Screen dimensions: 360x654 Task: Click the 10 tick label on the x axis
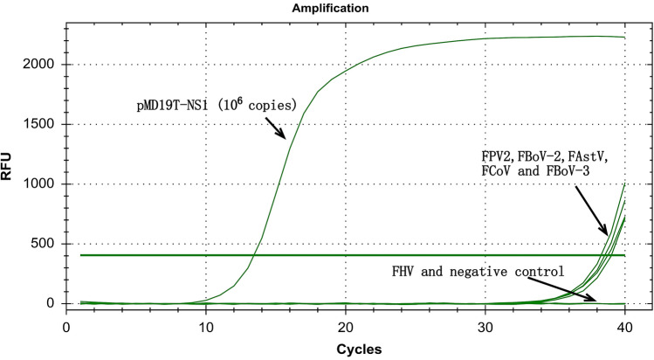(x=205, y=322)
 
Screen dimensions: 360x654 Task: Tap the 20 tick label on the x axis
(x=346, y=322)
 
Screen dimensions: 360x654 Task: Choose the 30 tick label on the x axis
(x=485, y=322)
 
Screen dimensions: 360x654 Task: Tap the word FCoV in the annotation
(x=496, y=171)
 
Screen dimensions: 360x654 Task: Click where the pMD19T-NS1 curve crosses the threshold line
(x=254, y=255)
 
